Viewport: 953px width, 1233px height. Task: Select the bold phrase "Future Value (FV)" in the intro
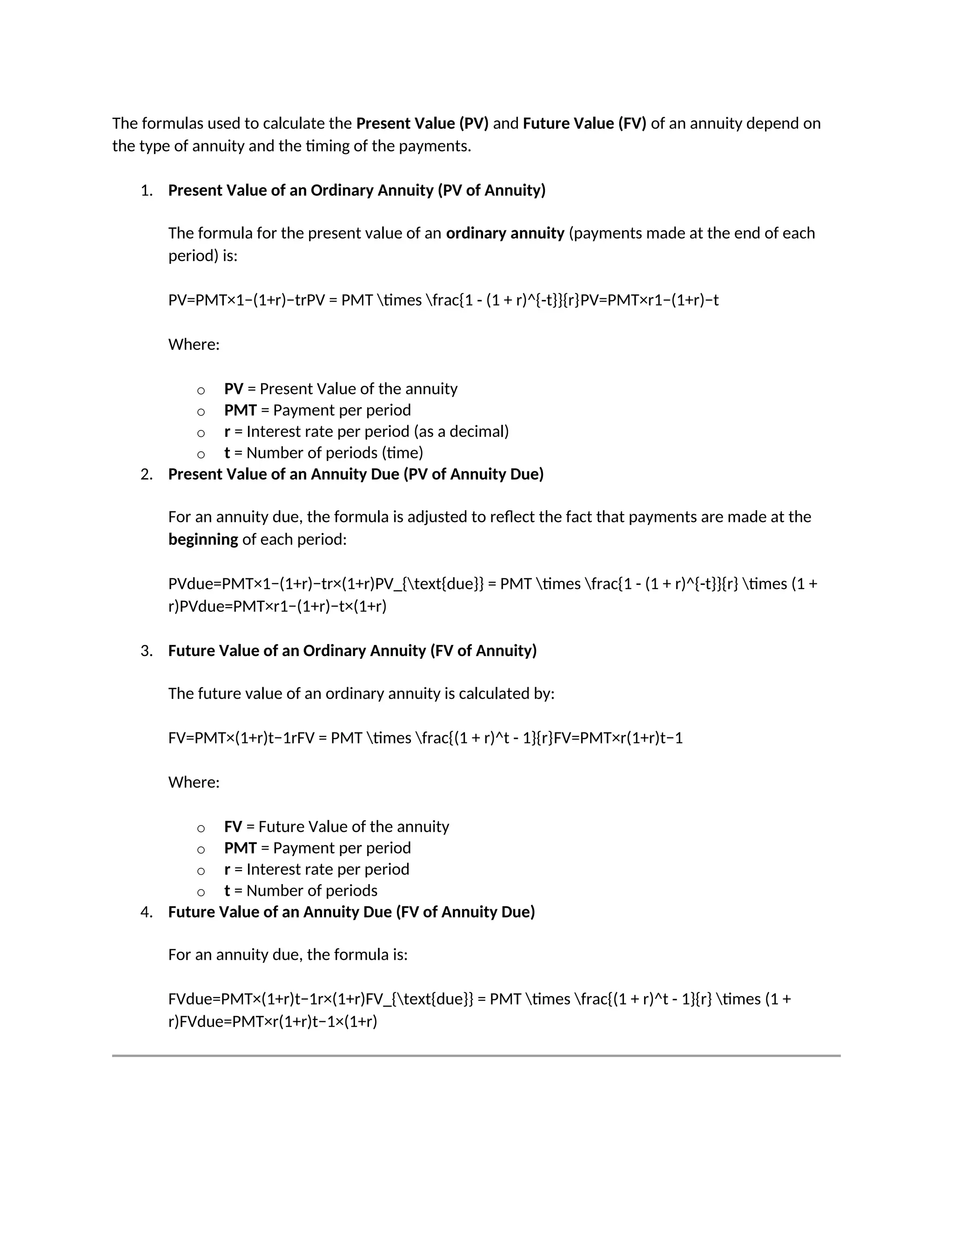tap(584, 123)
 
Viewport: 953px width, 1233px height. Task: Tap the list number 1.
tap(146, 191)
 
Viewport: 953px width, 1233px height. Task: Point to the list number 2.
tap(146, 474)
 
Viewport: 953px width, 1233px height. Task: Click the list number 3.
tap(146, 651)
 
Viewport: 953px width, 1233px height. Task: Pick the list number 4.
tap(146, 912)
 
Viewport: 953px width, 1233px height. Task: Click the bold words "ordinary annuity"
tap(505, 233)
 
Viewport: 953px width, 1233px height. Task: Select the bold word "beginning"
tap(203, 539)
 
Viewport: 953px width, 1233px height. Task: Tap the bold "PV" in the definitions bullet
tap(233, 389)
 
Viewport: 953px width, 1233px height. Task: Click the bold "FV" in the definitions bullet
tap(233, 827)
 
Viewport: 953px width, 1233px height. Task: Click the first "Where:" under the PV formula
tap(194, 344)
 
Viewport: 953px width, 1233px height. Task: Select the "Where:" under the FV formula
tap(194, 783)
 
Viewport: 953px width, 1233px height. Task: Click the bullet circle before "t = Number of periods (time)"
tap(201, 455)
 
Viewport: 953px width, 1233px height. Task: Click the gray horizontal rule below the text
tap(476, 1056)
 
